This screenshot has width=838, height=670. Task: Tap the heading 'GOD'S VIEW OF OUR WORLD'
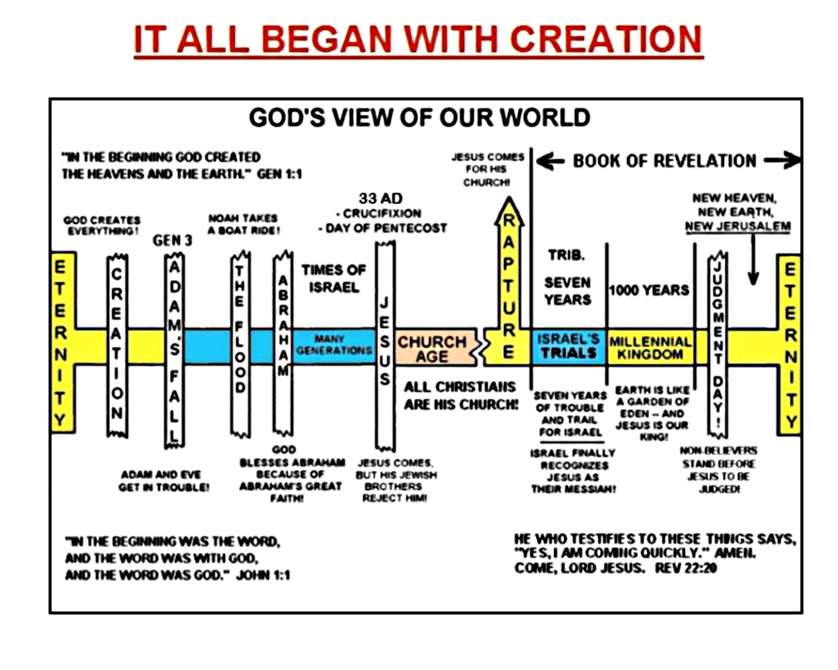tap(419, 118)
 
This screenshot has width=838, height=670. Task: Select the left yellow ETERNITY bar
tap(63, 342)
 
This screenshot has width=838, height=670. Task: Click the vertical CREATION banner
tap(117, 346)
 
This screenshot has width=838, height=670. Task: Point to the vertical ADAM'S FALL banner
tap(174, 351)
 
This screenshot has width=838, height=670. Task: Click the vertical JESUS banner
tap(385, 345)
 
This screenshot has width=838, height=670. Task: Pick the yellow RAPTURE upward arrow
tap(508, 285)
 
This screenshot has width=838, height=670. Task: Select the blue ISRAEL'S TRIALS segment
tap(568, 346)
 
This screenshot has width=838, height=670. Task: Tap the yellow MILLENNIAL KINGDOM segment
tap(650, 347)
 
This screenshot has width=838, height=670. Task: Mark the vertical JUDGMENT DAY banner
tap(717, 345)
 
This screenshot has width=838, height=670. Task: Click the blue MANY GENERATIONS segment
tap(334, 345)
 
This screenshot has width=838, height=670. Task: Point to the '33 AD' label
tap(380, 198)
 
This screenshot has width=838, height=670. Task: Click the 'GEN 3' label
tap(172, 241)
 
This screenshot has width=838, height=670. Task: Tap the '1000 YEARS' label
tap(649, 290)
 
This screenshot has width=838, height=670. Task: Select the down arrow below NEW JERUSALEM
tap(753, 260)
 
